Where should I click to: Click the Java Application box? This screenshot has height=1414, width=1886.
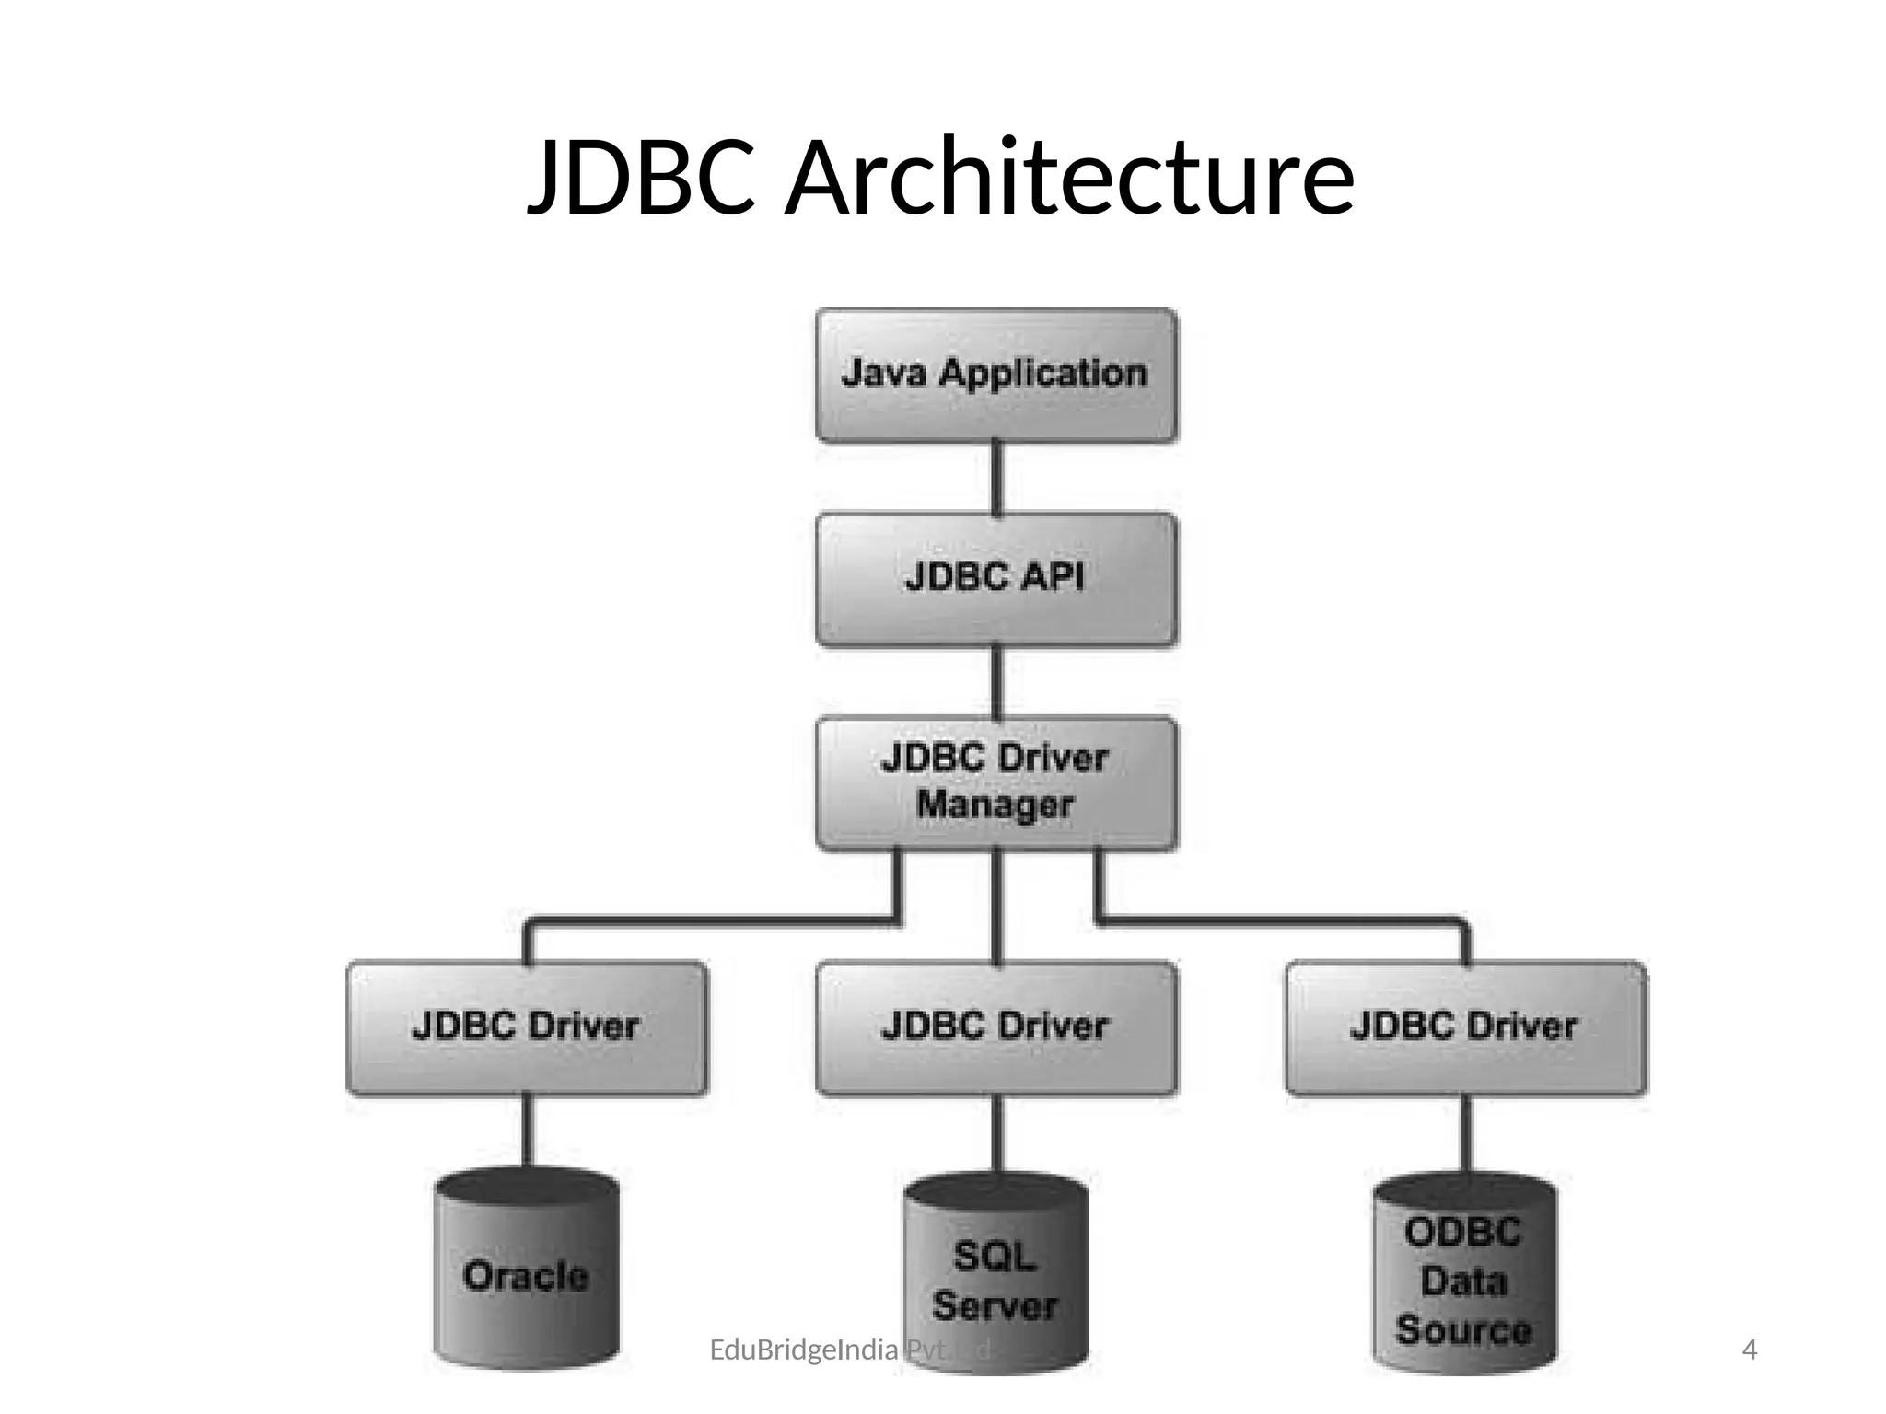(x=995, y=375)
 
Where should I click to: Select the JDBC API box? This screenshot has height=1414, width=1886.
(x=995, y=579)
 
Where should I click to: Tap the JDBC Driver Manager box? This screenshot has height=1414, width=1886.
(x=995, y=782)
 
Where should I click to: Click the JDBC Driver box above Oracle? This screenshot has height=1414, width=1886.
(x=527, y=1027)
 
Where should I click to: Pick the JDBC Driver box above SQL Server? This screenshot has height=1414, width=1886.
(x=995, y=1027)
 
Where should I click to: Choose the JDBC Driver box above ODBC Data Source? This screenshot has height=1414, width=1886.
(x=1465, y=1027)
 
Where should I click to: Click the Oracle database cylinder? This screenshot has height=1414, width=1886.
(x=527, y=1275)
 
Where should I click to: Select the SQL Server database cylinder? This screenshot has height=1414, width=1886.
(x=995, y=1280)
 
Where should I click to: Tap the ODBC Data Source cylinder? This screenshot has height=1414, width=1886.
(x=1464, y=1280)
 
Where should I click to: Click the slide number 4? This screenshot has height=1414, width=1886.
(x=1750, y=1350)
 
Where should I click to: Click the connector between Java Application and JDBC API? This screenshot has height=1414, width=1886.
(x=995, y=478)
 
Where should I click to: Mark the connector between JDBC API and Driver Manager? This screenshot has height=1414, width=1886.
(x=995, y=682)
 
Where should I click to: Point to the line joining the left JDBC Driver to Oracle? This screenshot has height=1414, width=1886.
(x=527, y=1132)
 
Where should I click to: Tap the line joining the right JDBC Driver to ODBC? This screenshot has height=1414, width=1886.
(x=1465, y=1134)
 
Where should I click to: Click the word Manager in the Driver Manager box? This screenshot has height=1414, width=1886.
(x=995, y=806)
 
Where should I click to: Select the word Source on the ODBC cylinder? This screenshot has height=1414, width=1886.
(x=1463, y=1330)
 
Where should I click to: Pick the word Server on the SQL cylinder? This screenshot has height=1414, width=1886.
(x=995, y=1306)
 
